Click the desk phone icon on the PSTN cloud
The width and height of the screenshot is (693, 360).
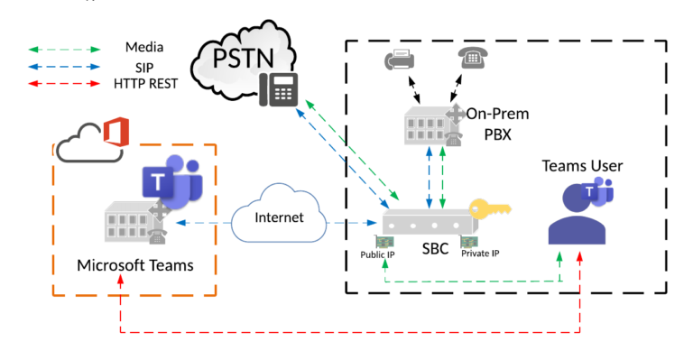pyautogui.click(x=278, y=89)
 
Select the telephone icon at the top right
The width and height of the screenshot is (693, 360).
pyautogui.click(x=471, y=59)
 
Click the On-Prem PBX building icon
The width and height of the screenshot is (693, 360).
pyautogui.click(x=431, y=121)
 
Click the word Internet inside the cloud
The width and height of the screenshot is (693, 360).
pyautogui.click(x=280, y=217)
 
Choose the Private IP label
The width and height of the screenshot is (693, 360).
pyautogui.click(x=480, y=254)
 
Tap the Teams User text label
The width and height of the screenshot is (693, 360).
pyautogui.click(x=582, y=166)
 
